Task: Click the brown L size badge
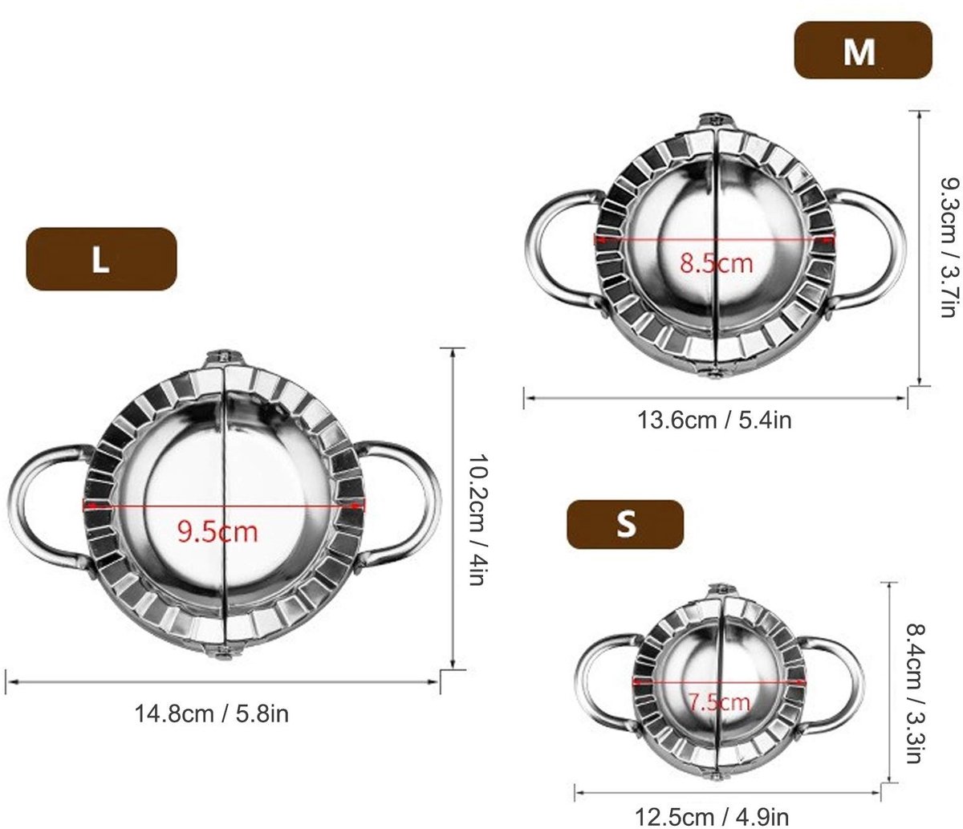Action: (101, 259)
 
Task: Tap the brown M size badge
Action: (863, 51)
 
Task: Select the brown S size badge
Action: (625, 524)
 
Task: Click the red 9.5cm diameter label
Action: (217, 532)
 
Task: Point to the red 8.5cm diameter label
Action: (716, 262)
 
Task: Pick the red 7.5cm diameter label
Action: (719, 702)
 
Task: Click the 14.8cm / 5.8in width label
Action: (212, 713)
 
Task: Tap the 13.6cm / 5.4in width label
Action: (714, 421)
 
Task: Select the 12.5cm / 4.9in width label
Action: (713, 817)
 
